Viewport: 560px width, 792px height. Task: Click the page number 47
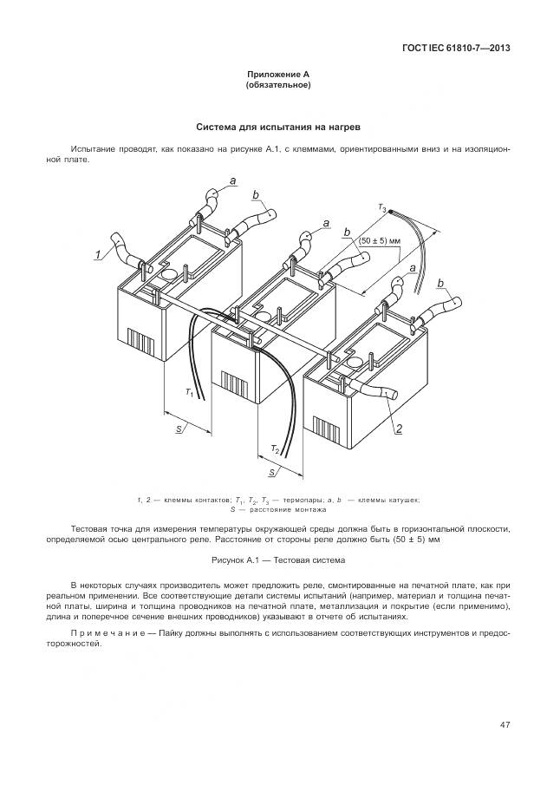504,724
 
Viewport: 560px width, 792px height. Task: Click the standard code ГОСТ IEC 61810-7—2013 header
455,48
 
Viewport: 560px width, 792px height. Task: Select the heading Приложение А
278,75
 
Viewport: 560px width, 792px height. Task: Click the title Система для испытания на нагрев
278,127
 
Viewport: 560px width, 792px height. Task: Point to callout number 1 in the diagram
99,254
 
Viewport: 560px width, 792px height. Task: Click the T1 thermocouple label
191,393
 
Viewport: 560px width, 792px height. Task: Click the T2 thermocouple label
275,449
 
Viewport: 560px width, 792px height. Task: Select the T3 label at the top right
381,206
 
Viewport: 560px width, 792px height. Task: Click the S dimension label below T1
178,429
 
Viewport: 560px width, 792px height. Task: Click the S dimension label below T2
272,473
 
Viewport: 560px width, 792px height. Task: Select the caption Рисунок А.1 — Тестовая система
278,561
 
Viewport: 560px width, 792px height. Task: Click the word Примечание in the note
109,636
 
